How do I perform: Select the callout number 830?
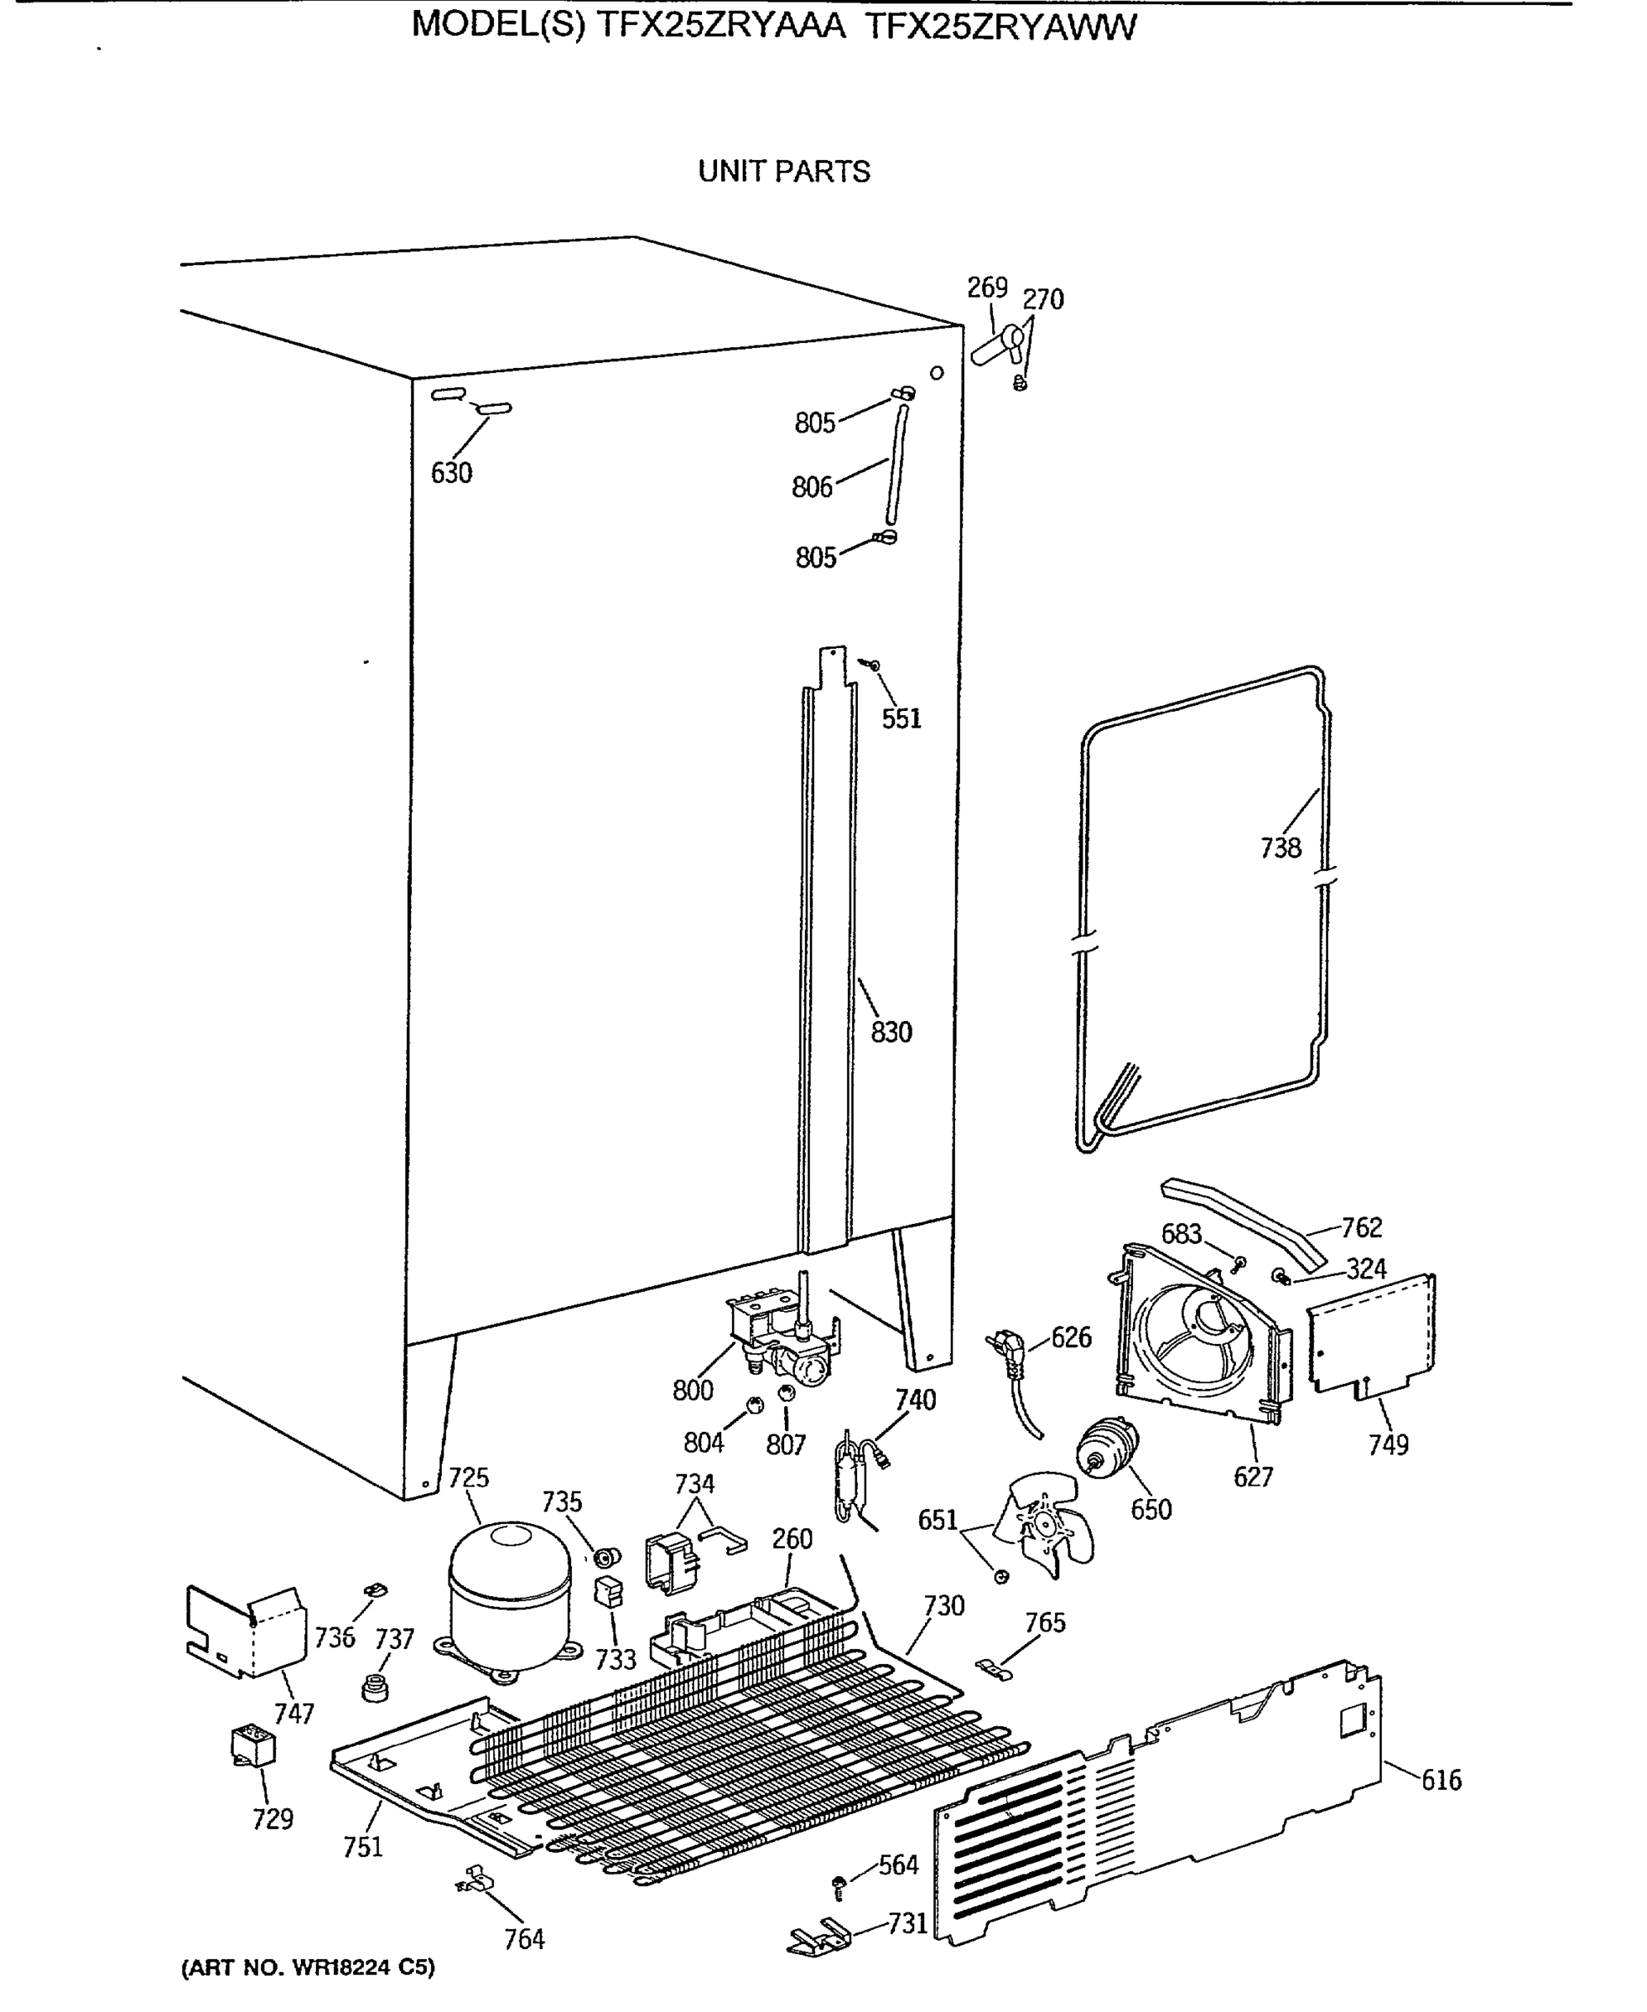coord(891,1032)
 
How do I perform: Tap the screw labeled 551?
coord(873,665)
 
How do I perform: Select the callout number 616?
coord(1440,1781)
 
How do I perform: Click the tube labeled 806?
coord(896,464)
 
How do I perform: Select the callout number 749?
coord(1388,1444)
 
